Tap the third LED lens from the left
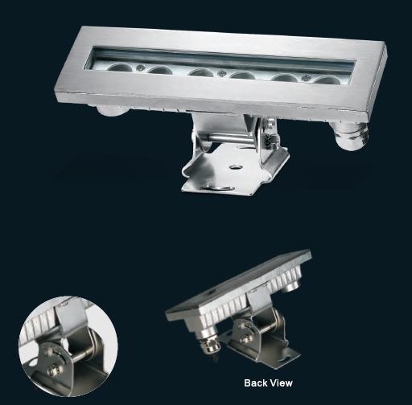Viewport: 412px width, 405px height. point(200,72)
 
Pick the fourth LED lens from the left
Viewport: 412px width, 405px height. point(242,76)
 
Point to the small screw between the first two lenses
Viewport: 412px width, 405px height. point(140,67)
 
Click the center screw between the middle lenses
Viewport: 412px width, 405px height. point(221,72)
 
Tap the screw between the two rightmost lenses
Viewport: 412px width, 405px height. point(306,78)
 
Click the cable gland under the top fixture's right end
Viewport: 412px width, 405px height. point(350,136)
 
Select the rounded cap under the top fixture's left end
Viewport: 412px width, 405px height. point(112,111)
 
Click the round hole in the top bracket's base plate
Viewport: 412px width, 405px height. point(236,167)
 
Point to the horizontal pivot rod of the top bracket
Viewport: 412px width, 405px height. point(228,138)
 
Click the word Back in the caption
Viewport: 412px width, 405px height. point(255,382)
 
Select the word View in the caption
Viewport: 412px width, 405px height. point(281,382)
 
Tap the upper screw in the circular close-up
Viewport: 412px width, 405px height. point(49,351)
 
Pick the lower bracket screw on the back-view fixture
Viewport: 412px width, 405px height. point(245,339)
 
